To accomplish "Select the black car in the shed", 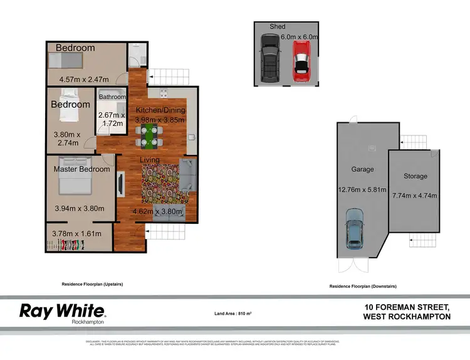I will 270,58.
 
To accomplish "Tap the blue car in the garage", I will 355,226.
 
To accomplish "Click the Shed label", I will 278,26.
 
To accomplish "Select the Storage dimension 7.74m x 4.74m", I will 415,196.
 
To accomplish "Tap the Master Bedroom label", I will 81,169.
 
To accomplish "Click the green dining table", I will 149,134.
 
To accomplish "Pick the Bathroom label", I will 111,97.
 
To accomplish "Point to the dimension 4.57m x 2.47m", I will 84,80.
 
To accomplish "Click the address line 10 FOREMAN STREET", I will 407,307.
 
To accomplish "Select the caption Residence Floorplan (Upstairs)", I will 92,284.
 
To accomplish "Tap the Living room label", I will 149,160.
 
